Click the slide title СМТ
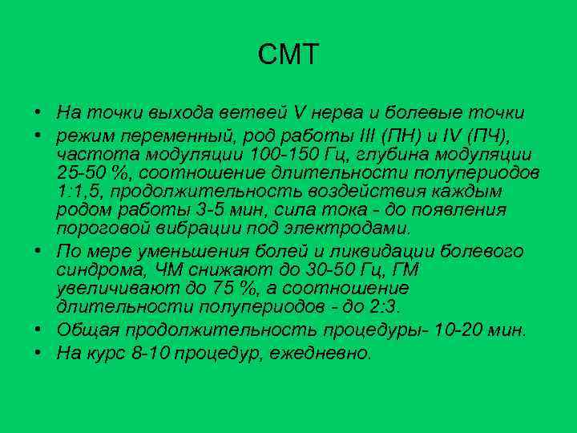click(288, 55)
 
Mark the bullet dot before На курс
click(38, 353)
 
